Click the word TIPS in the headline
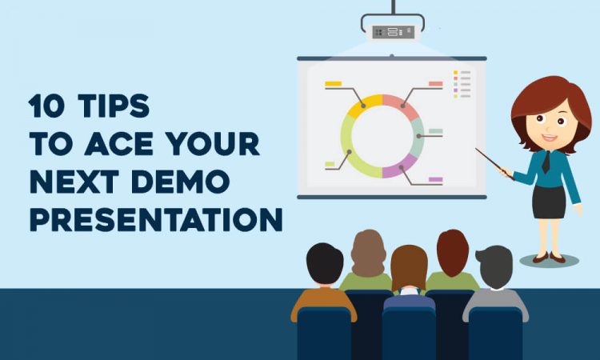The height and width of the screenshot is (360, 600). pyautogui.click(x=114, y=106)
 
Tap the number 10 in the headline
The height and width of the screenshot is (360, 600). pyautogui.click(x=46, y=106)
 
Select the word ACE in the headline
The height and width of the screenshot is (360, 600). pyautogui.click(x=118, y=143)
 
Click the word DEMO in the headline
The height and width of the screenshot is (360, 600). pyautogui.click(x=180, y=182)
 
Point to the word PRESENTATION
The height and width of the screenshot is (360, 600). pyautogui.click(x=156, y=219)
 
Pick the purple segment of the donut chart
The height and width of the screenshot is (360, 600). pyautogui.click(x=399, y=167)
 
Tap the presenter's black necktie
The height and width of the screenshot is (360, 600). pyautogui.click(x=546, y=162)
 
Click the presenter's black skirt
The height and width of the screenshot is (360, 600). pyautogui.click(x=548, y=202)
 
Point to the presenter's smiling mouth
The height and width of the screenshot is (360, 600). pyautogui.click(x=550, y=138)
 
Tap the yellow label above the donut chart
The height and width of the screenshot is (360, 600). pyautogui.click(x=333, y=83)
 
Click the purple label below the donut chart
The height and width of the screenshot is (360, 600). pyautogui.click(x=435, y=179)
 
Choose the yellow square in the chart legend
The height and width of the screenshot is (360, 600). pyautogui.click(x=455, y=72)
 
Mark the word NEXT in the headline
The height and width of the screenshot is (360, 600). pyautogui.click(x=74, y=182)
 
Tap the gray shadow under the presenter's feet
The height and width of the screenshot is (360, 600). pyautogui.click(x=549, y=261)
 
